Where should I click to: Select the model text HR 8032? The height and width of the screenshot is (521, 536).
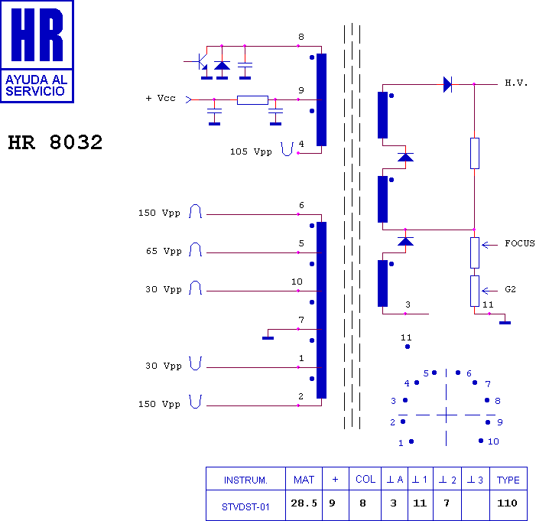point(55,143)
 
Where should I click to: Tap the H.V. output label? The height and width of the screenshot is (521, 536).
point(516,83)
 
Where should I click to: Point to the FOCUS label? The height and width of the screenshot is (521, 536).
point(519,244)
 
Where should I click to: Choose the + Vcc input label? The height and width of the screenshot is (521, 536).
point(161,99)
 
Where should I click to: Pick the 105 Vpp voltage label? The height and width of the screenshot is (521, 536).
point(251,151)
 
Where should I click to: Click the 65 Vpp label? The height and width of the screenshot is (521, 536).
point(164,251)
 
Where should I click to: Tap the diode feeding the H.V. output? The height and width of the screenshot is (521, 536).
point(448,84)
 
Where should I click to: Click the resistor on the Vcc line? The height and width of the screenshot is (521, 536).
point(252,99)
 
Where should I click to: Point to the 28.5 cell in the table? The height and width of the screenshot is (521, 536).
point(304,503)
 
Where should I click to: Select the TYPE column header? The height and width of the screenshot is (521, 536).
point(508,480)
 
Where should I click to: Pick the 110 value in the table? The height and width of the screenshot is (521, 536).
point(508,503)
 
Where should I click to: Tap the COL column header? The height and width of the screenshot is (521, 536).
point(365,480)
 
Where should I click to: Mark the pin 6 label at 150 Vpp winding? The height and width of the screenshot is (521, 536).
point(301,205)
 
